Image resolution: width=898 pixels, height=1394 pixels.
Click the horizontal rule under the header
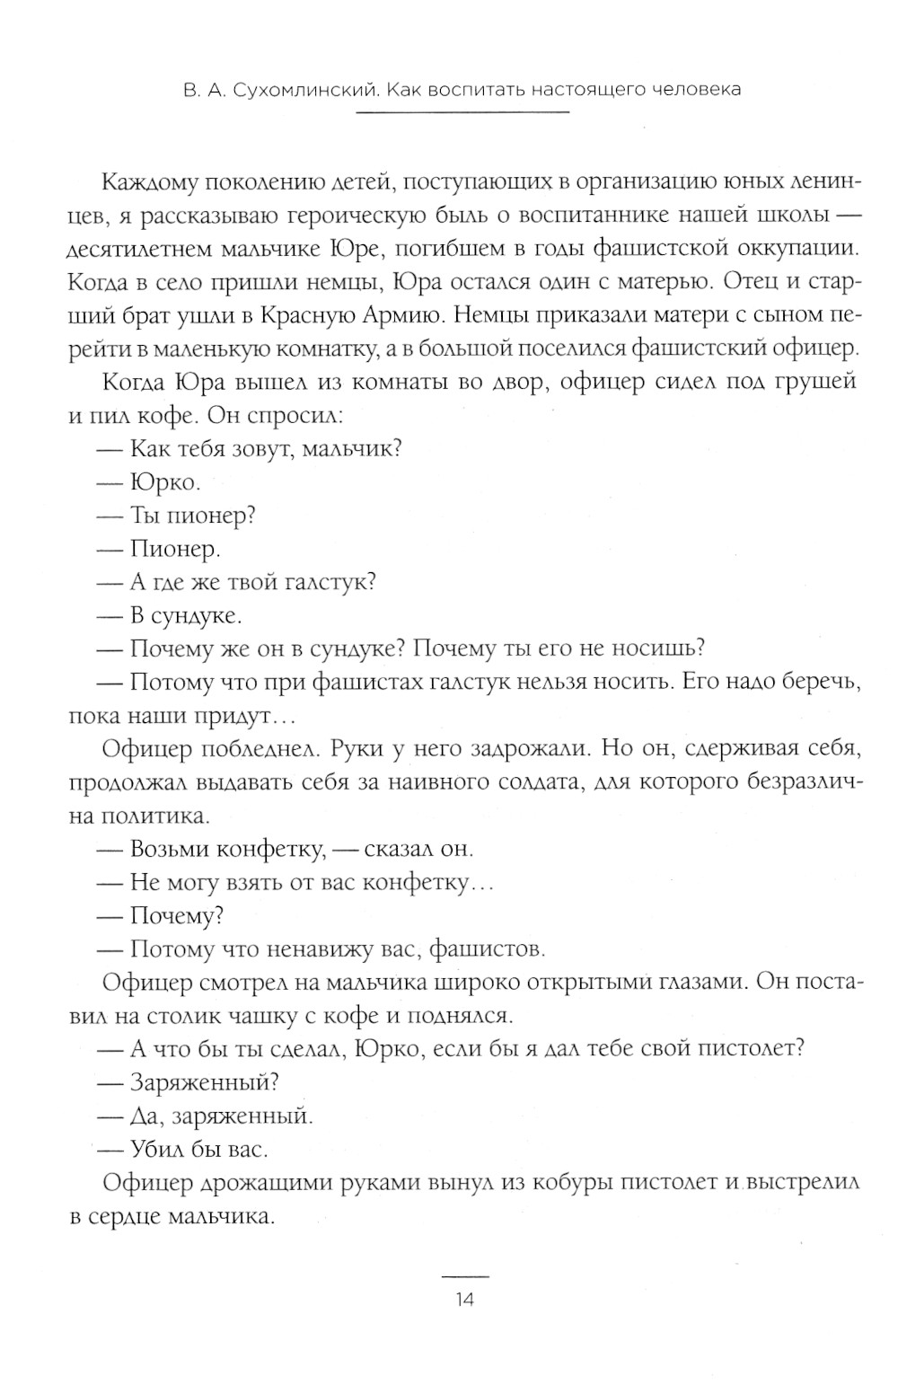click(x=463, y=112)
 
